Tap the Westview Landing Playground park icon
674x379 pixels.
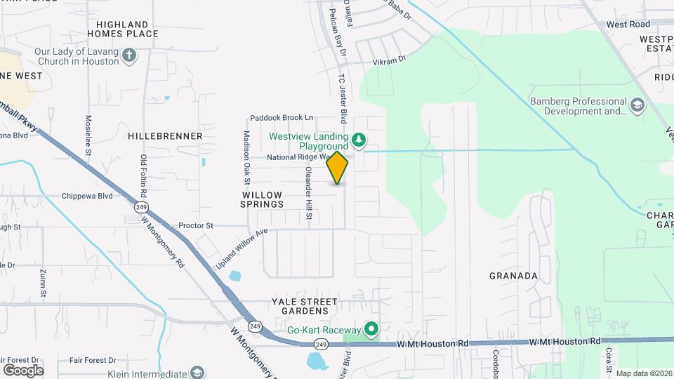tap(359, 140)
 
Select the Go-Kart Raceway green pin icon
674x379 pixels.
tap(371, 329)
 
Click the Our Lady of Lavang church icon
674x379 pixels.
tap(129, 56)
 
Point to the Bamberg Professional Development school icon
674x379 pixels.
tap(637, 106)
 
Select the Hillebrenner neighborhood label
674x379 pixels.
tap(166, 135)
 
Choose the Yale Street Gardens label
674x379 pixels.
tap(300, 306)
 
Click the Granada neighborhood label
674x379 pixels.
tap(513, 276)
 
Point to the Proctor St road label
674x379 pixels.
tap(196, 226)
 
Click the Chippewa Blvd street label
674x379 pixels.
tap(87, 197)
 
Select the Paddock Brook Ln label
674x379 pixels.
tap(282, 118)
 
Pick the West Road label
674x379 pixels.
tap(628, 24)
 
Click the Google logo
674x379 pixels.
tap(23, 370)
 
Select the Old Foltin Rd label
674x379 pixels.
tap(144, 175)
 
